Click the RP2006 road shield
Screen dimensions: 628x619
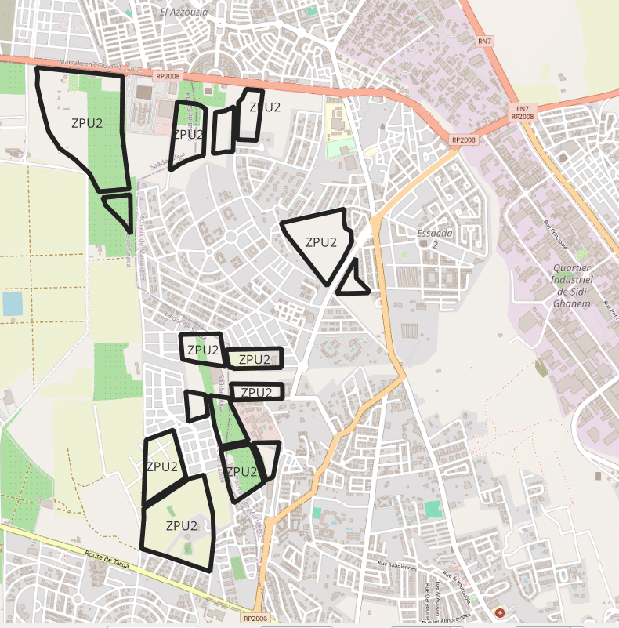pyautogui.click(x=255, y=619)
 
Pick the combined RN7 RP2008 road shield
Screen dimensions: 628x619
pyautogui.click(x=522, y=112)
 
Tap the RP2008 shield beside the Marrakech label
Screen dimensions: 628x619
pyautogui.click(x=168, y=76)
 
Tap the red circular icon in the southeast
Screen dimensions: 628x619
pyautogui.click(x=501, y=612)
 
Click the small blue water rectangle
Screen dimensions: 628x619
pyautogui.click(x=13, y=303)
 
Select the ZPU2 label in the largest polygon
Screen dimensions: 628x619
pyautogui.click(x=86, y=123)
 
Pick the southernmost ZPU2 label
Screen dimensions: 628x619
pyautogui.click(x=182, y=525)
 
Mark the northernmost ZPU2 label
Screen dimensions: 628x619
pyautogui.click(x=265, y=107)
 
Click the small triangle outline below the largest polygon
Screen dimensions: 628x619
pyautogui.click(x=118, y=209)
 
